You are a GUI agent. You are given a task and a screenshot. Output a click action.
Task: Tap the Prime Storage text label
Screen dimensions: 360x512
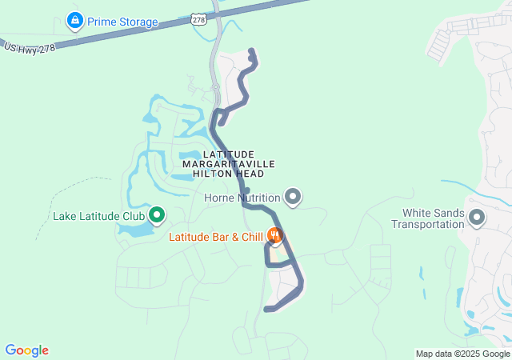click(x=122, y=22)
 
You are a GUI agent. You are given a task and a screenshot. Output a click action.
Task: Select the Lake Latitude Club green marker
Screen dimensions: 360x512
click(x=157, y=214)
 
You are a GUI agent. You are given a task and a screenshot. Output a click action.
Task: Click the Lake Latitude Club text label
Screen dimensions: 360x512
click(x=98, y=216)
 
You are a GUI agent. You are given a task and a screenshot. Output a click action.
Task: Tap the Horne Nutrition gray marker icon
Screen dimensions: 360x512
click(x=294, y=196)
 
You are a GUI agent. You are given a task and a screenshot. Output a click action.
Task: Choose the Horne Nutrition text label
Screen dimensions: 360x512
click(x=242, y=198)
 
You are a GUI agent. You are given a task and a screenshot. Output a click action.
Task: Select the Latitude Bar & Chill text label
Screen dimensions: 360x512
click(x=216, y=237)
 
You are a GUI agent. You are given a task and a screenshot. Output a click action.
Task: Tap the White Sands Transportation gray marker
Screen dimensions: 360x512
click(x=477, y=217)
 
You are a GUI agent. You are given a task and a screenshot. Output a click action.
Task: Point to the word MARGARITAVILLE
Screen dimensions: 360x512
click(x=229, y=163)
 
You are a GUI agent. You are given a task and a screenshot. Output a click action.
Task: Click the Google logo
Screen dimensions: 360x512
click(x=26, y=350)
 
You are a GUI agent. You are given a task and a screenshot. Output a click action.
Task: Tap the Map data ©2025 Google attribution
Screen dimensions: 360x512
click(x=462, y=354)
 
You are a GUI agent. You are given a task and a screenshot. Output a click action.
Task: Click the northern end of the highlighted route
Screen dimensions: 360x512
click(x=252, y=52)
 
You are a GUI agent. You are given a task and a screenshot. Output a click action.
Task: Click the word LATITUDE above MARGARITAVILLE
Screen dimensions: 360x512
click(x=229, y=154)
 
